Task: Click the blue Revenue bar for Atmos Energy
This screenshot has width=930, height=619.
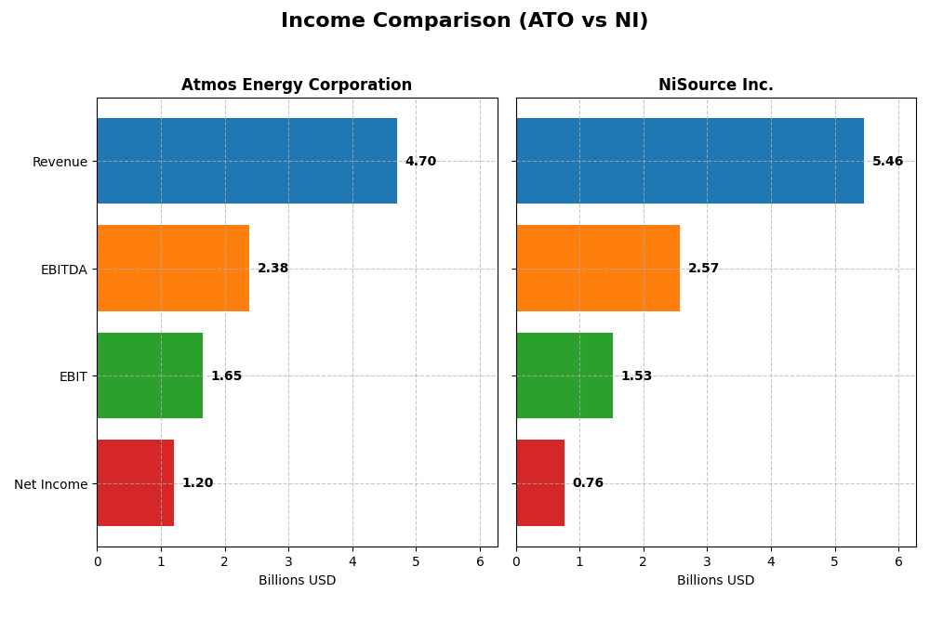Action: [x=246, y=161]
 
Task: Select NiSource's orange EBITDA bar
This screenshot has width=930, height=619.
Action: [x=597, y=268]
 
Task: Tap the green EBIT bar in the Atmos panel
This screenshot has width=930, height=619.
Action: [x=150, y=375]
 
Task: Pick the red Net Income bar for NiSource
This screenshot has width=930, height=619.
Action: [x=540, y=482]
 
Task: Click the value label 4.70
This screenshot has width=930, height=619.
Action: [x=420, y=162]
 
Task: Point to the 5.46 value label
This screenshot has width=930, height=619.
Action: [x=887, y=162]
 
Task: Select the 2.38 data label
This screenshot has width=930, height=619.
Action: [x=272, y=269]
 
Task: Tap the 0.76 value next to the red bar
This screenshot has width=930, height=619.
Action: [x=588, y=483]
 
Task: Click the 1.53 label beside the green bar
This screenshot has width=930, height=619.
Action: [x=636, y=376]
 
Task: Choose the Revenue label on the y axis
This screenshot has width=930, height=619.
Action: [x=60, y=162]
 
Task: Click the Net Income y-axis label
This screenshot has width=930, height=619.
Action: [x=50, y=484]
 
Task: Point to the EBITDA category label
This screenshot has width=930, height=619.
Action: [x=63, y=270]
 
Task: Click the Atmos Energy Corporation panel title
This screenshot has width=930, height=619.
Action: [x=297, y=86]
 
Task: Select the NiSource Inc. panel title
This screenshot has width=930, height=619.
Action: [x=715, y=86]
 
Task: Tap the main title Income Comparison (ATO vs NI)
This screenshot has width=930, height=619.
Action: [x=464, y=20]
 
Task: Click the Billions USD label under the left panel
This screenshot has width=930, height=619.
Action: [x=297, y=581]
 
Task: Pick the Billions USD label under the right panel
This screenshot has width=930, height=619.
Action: [x=715, y=581]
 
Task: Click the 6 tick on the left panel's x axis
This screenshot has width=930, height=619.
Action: [x=480, y=561]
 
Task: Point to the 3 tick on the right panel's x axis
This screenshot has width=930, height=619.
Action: [x=707, y=561]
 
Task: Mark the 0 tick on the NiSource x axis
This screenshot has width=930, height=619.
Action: [x=516, y=561]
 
